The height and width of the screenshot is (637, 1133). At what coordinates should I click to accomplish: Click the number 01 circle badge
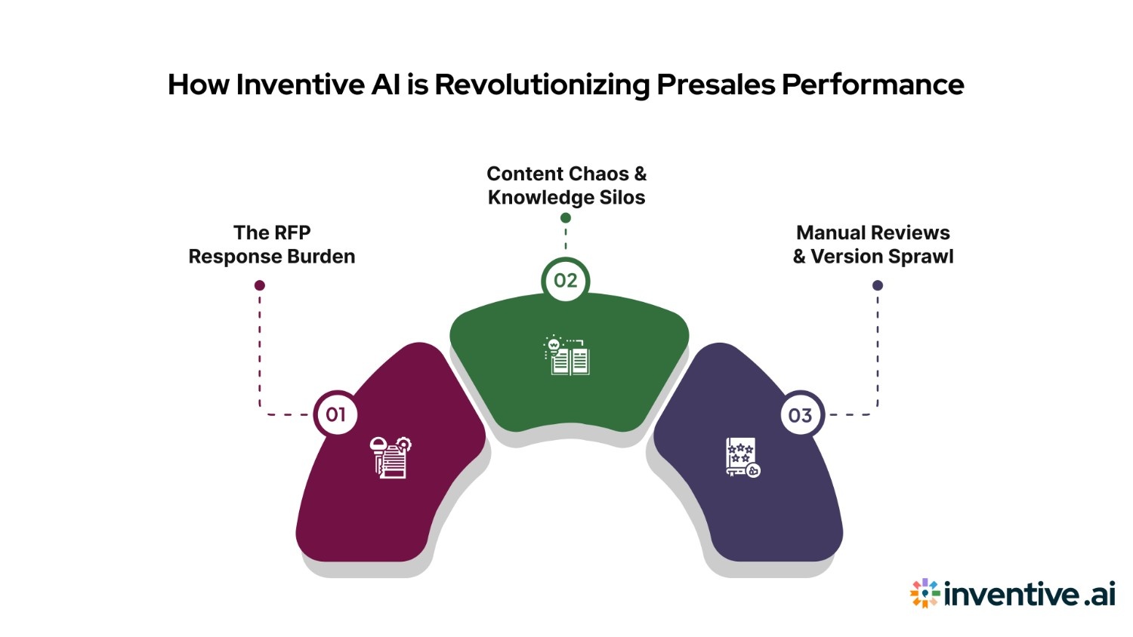pos(335,414)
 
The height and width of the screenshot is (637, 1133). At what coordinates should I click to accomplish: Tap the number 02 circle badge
pos(566,281)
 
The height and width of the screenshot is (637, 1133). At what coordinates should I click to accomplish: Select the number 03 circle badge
pos(800,415)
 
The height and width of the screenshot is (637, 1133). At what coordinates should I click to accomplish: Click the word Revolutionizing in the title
pos(542,85)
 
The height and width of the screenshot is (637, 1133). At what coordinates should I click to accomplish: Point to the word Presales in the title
pos(715,85)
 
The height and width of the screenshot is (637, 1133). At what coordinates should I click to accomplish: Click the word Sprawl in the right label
pos(918,257)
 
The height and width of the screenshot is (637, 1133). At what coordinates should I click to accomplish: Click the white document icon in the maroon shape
pos(391,457)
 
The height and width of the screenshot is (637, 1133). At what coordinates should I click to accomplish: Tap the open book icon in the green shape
pos(566,355)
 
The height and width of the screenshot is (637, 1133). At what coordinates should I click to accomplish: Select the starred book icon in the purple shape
pos(742,457)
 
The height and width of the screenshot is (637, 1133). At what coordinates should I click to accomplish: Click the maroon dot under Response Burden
pos(260,285)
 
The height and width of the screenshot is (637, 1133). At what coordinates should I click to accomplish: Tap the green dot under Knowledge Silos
pos(566,218)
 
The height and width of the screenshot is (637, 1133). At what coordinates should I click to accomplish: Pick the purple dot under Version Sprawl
pos(878,285)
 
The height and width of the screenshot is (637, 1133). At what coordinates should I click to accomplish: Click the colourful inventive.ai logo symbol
pos(925,593)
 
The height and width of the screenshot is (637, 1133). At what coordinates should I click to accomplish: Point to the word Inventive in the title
pos(301,85)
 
